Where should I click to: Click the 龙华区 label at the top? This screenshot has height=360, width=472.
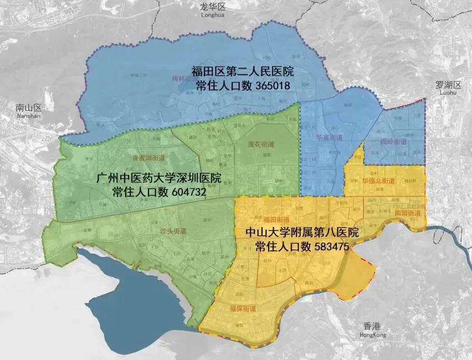click(x=213, y=6)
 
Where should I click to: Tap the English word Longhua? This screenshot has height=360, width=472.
click(x=213, y=16)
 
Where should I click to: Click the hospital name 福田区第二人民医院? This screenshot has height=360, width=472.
click(x=242, y=72)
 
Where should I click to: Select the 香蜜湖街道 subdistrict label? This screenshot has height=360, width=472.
click(x=147, y=157)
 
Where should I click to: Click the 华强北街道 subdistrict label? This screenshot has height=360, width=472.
click(x=378, y=181)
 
